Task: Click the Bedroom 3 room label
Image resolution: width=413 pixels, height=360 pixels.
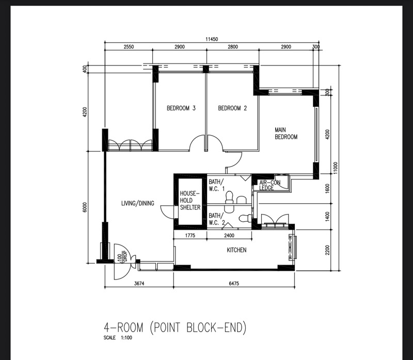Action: click(181, 108)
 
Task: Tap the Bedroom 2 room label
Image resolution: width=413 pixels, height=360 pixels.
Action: click(232, 108)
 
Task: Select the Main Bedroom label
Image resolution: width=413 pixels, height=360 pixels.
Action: click(286, 134)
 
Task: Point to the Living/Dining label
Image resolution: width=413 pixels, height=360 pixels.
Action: click(138, 203)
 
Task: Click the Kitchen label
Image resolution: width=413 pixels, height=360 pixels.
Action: click(236, 250)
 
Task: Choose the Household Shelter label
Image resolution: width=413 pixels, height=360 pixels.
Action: click(190, 201)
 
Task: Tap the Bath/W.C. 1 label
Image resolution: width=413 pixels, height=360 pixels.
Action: click(216, 185)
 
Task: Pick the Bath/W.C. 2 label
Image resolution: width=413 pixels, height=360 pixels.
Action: click(216, 219)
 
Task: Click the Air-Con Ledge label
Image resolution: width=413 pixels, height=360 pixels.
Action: click(269, 185)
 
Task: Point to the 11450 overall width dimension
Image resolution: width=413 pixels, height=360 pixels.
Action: click(212, 39)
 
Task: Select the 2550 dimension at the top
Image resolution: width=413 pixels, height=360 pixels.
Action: click(129, 47)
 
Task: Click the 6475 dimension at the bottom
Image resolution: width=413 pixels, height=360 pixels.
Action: click(234, 284)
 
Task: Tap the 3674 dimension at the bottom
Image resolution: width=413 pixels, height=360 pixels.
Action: click(139, 284)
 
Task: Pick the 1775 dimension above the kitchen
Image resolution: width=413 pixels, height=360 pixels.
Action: click(190, 236)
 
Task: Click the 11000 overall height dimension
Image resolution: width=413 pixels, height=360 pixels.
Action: click(335, 168)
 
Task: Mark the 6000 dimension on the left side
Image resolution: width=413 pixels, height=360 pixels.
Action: click(85, 207)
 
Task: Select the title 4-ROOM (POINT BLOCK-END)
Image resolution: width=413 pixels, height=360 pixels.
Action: click(175, 328)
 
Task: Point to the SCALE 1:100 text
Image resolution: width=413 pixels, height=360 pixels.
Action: click(118, 338)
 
